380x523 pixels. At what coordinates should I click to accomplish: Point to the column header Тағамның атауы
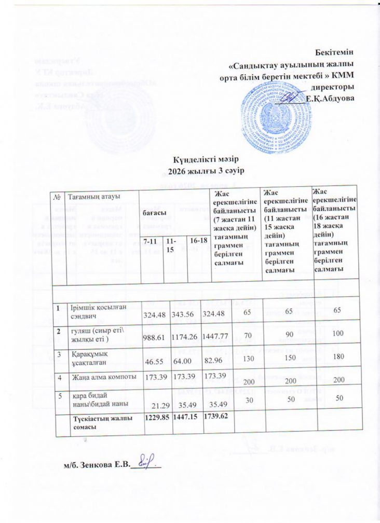click(x=99, y=197)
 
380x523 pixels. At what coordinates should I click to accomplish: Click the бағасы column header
click(x=155, y=213)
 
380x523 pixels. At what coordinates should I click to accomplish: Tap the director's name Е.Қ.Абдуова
click(x=330, y=98)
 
